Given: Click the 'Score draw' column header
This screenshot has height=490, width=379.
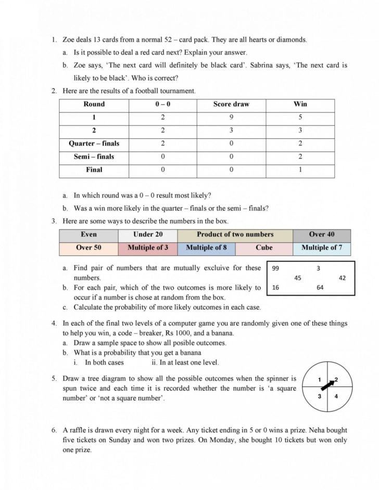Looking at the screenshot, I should click(231, 104).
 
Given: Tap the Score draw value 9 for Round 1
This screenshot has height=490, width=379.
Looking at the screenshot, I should click(231, 117).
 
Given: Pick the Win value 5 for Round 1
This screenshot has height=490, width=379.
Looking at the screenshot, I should click(300, 117).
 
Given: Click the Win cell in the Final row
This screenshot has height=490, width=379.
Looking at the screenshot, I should click(300, 170).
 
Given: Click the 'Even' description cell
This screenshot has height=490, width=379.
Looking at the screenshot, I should click(89, 235).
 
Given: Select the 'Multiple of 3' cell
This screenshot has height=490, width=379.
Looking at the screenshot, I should click(148, 248).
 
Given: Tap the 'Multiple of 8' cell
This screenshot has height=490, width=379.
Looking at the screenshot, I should click(206, 248).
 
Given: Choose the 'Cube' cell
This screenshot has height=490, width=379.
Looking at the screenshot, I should click(264, 248).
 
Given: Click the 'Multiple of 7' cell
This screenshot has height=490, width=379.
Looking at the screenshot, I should click(322, 248).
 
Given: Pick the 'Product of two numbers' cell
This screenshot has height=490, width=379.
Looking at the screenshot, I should click(235, 235).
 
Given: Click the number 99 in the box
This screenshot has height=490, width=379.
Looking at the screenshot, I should click(276, 268).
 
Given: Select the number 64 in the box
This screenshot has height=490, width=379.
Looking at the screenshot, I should click(320, 287).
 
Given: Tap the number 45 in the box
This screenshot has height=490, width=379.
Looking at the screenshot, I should click(297, 278).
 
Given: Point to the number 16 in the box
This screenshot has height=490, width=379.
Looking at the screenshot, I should click(276, 287).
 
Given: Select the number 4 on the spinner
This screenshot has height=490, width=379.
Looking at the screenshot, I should click(336, 396).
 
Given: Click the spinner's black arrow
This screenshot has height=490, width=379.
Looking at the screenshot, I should click(329, 385).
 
